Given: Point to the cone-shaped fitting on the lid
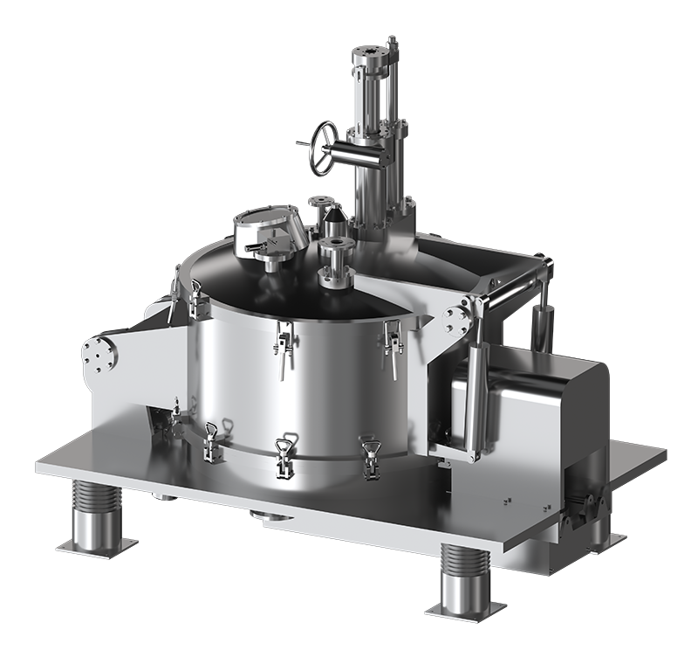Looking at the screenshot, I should pos(317,209).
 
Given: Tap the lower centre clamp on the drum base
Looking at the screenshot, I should pos(284,455).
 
